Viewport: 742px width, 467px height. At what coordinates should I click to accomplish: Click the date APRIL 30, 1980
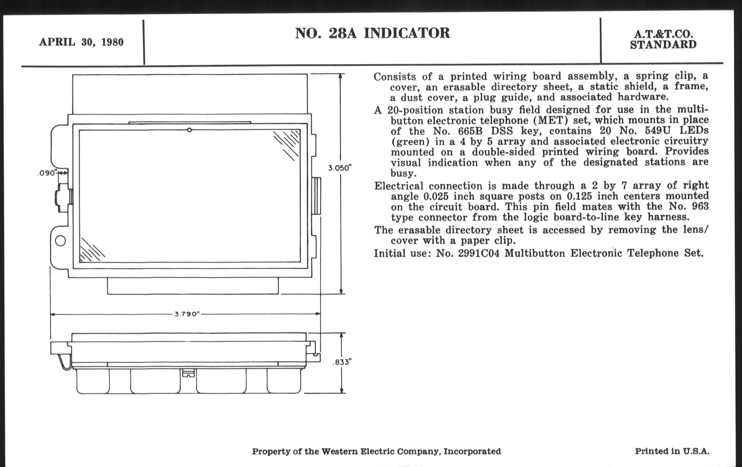[x=81, y=42]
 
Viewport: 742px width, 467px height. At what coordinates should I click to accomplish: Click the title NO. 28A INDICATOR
[x=373, y=33]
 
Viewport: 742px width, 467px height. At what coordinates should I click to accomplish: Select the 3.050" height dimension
[x=340, y=168]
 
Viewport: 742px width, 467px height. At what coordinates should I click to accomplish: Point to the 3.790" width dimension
[x=187, y=314]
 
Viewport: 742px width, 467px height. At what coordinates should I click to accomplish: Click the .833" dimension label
[x=342, y=362]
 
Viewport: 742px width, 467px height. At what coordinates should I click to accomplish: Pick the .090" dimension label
[x=47, y=173]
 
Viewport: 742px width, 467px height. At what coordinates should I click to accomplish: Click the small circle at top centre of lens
[x=189, y=130]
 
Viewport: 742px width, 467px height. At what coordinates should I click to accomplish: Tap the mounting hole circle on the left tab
[x=60, y=241]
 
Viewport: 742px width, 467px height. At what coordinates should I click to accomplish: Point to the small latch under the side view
[x=188, y=373]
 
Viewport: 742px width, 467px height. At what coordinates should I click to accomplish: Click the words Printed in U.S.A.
[x=672, y=451]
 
